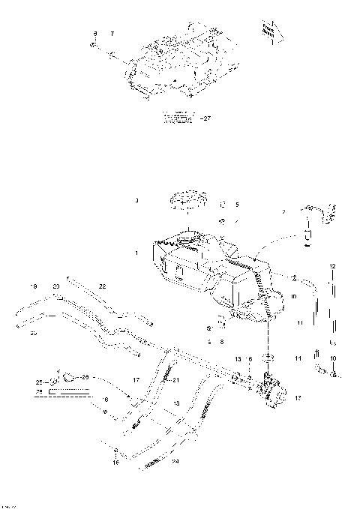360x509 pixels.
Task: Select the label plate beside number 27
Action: click(x=181, y=116)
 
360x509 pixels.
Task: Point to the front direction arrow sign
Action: click(x=268, y=29)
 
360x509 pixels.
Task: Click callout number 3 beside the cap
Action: click(x=136, y=201)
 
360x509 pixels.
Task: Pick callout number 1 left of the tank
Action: click(x=136, y=254)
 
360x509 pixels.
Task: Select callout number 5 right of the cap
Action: click(x=237, y=204)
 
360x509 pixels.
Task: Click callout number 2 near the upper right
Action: click(x=284, y=212)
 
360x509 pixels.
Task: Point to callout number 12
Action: click(x=333, y=266)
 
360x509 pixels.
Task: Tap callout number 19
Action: click(x=34, y=287)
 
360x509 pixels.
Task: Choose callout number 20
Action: click(x=55, y=287)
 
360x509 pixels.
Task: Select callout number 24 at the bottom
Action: click(x=176, y=462)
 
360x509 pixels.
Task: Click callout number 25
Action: click(x=37, y=383)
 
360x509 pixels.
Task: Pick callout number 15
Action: click(x=238, y=359)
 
